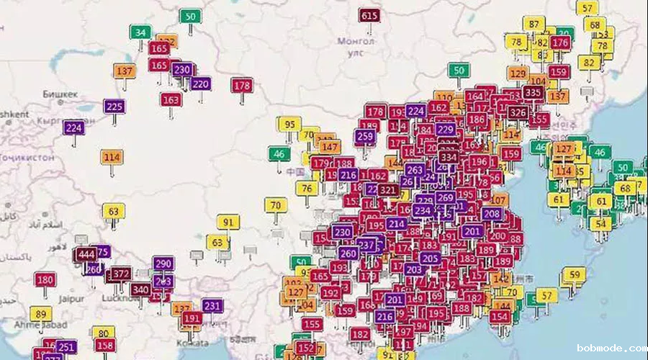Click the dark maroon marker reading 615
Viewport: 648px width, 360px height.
369,16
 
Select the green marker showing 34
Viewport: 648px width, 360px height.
140,32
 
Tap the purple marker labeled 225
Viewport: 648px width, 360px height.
114,107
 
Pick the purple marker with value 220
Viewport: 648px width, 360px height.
200,84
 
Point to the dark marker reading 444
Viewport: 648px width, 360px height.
86,255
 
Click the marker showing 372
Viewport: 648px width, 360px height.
121,274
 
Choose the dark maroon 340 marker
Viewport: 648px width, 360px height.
140,289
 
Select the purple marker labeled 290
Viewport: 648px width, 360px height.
163,264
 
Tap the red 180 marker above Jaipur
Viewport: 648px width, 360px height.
45,279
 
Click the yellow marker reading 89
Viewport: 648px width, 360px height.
40,314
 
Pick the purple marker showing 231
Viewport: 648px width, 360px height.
212,306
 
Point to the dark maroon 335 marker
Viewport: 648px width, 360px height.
533,92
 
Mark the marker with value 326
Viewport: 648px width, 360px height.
517,112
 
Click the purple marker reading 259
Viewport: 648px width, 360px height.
365,136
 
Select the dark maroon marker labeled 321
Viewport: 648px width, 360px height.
388,190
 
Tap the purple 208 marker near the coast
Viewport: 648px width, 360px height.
492,214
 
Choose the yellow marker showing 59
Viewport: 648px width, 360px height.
574,274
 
